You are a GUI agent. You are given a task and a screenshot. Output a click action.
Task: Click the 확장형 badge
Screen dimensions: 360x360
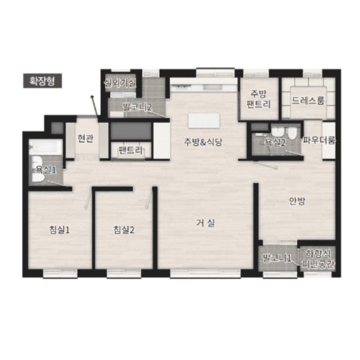point(43,80)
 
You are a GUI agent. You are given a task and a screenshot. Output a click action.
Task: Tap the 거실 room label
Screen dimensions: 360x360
point(205,223)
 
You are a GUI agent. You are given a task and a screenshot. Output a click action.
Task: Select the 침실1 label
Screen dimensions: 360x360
point(60,230)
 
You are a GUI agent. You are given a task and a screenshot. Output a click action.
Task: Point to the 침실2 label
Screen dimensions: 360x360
point(124,230)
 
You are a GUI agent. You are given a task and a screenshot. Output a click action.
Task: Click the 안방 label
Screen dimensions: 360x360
point(297,201)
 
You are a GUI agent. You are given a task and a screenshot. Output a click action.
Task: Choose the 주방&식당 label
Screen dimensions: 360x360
point(203,142)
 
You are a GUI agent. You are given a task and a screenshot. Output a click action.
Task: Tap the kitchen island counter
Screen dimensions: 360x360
point(204,120)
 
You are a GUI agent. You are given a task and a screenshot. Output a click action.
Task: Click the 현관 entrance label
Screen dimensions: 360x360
point(85,138)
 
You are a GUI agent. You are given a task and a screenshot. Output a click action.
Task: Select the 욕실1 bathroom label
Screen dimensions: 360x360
point(46,170)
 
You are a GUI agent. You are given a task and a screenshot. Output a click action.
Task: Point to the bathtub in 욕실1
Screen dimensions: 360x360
point(46,147)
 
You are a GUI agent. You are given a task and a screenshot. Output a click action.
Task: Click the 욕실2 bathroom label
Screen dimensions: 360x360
point(275,142)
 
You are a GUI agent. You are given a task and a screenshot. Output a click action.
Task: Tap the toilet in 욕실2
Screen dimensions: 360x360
point(292,133)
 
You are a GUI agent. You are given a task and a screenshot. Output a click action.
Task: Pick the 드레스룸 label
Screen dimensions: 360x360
point(308,101)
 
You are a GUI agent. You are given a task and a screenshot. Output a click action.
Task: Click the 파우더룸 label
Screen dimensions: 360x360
point(319,140)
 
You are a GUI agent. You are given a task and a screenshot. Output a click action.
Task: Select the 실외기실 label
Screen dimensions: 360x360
point(120,83)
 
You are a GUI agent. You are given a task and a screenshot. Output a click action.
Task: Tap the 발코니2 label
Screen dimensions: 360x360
point(137,107)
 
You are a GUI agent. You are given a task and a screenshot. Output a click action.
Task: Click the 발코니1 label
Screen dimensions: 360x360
point(277,258)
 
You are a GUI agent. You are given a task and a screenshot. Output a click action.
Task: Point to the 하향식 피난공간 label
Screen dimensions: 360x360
point(318,259)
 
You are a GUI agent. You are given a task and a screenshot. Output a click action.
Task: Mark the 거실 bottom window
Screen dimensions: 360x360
point(205,274)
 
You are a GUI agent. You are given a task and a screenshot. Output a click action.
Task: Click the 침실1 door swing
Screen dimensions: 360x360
point(88,197)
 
